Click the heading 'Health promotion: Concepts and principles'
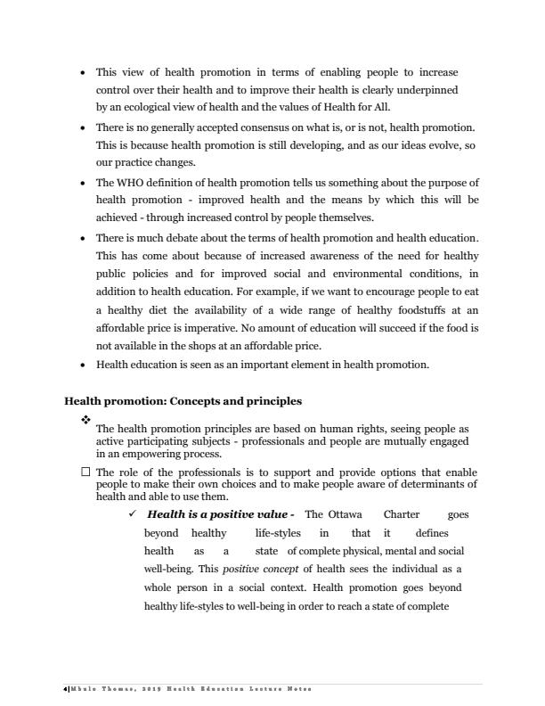183,401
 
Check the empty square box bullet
85,472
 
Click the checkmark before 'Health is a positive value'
133,514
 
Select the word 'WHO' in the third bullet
131,183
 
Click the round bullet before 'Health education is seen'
83,365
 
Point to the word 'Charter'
403,514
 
